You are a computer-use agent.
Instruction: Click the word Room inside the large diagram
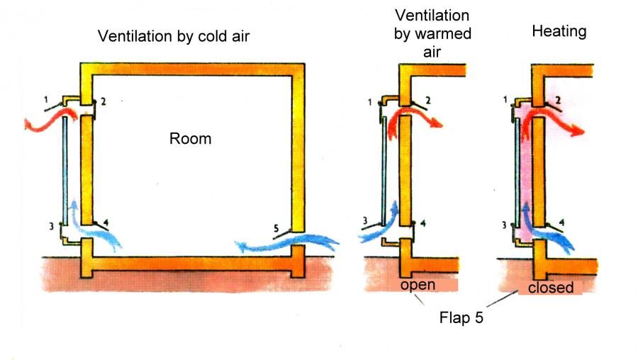coord(190,138)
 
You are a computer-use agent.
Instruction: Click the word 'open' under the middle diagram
coord(417,285)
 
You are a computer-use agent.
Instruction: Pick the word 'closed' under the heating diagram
coord(551,288)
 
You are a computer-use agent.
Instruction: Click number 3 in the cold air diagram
coord(50,226)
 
